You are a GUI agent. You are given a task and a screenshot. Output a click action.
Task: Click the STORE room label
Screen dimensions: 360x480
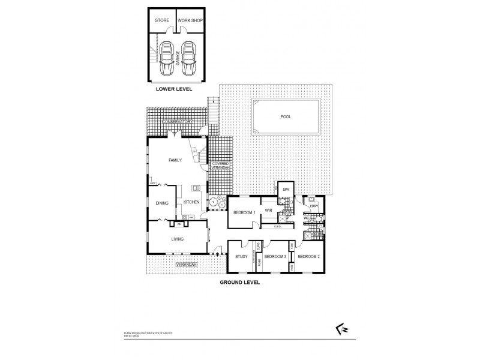click(x=162, y=20)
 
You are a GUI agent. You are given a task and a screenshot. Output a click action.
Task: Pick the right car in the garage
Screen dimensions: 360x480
click(x=189, y=57)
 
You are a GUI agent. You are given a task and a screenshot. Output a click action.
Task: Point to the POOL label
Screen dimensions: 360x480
click(x=285, y=117)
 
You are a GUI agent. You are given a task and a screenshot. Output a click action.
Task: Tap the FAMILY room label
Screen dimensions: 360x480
click(x=175, y=160)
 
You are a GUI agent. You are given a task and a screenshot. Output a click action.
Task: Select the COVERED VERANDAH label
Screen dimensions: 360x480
click(x=220, y=166)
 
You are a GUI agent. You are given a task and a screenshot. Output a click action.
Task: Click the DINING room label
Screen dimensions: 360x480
click(x=162, y=203)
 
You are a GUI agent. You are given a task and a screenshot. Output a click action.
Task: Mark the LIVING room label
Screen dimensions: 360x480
click(x=177, y=239)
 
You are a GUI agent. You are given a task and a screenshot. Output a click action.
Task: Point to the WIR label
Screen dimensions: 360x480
click(x=269, y=211)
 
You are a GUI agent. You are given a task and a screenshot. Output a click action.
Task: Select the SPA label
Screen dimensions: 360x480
click(x=286, y=189)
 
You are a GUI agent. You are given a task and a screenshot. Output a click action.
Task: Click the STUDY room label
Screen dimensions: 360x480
click(x=241, y=256)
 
